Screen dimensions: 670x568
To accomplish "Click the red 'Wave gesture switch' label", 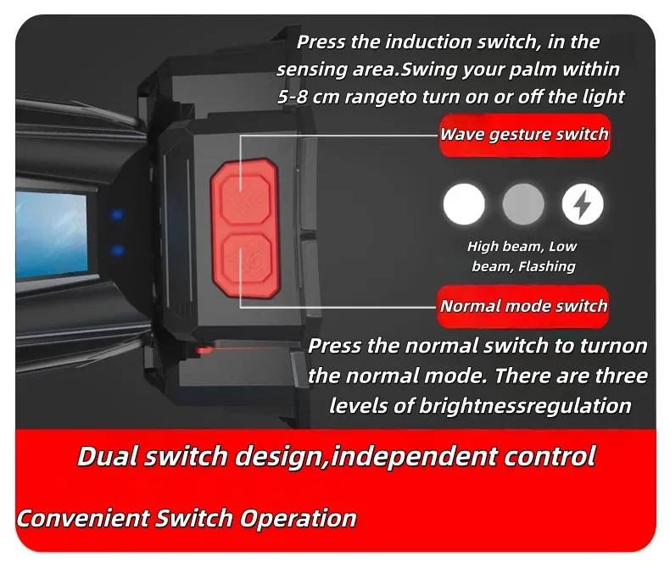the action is (524, 135).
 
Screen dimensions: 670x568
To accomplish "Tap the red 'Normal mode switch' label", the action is (523, 306).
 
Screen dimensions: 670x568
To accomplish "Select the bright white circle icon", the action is (464, 204).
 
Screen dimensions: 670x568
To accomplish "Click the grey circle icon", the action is (523, 204).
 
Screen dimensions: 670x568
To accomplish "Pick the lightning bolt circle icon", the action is (583, 204).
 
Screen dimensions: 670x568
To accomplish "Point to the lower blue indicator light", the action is (117, 250).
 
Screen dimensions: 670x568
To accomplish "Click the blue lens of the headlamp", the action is (51, 235).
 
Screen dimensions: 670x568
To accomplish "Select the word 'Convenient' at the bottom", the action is (83, 519).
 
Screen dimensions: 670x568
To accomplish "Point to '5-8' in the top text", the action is (293, 97).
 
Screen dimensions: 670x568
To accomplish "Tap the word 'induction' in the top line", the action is (428, 42).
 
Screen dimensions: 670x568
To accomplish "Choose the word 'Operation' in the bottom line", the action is (298, 520).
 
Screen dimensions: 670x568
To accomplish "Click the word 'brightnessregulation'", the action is (525, 406).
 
